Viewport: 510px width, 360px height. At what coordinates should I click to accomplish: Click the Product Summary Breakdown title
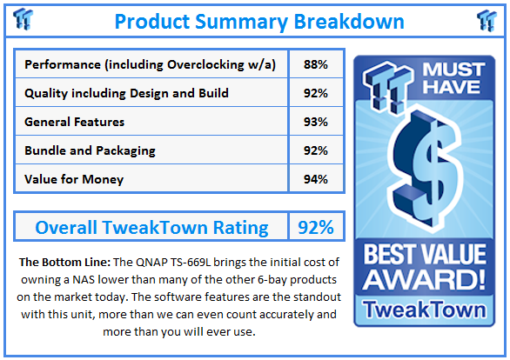[x=258, y=20]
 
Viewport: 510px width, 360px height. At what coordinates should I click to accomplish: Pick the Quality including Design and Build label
[x=127, y=93]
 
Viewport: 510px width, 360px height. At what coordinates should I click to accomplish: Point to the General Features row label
[x=75, y=122]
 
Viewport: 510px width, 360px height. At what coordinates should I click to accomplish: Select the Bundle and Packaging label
[x=91, y=150]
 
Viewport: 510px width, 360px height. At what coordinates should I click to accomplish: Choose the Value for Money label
[x=75, y=179]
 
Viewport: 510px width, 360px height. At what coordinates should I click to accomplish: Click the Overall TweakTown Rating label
[x=151, y=228]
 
